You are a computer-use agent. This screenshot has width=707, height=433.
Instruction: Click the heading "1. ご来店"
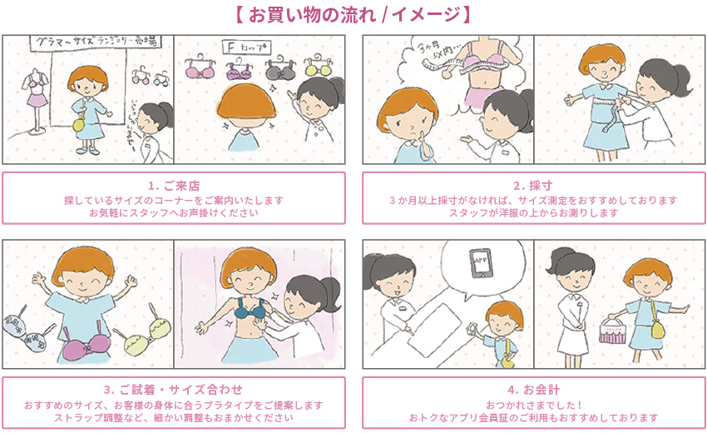pyautogui.click(x=173, y=185)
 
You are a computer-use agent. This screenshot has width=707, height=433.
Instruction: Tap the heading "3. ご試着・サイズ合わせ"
pyautogui.click(x=173, y=390)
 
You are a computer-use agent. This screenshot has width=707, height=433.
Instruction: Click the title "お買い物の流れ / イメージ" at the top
pyautogui.click(x=353, y=14)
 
